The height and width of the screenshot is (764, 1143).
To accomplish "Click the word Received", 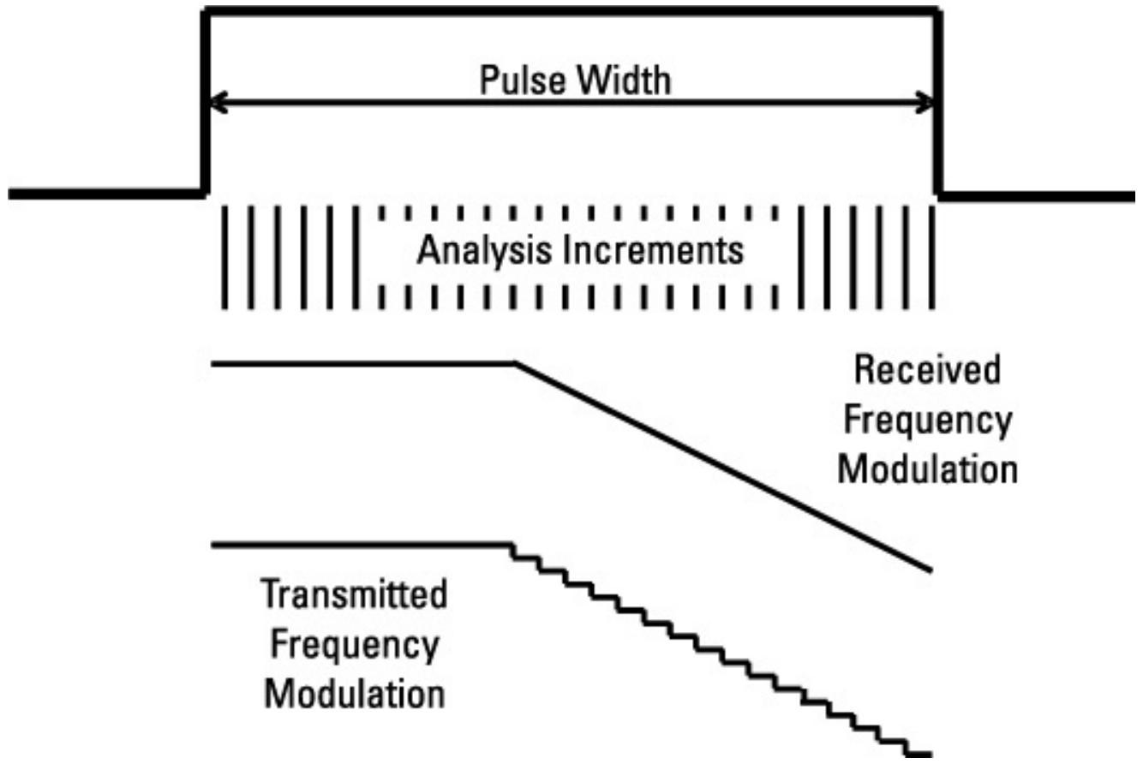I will coord(928,371).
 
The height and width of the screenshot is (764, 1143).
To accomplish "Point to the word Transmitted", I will coord(354,595).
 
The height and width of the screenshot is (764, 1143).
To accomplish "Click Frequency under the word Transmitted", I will coord(354,644).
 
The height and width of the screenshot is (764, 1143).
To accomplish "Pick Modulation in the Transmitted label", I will coord(354,693).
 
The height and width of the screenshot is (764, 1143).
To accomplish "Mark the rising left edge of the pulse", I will coord(205,103).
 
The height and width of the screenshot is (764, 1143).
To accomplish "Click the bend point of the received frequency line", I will coord(515,364).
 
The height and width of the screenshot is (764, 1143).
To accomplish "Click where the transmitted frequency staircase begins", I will coord(512,545).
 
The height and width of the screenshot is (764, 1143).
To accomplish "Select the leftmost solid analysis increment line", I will coord(224,257).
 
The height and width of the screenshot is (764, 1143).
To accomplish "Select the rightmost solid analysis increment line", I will coord(931,257).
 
